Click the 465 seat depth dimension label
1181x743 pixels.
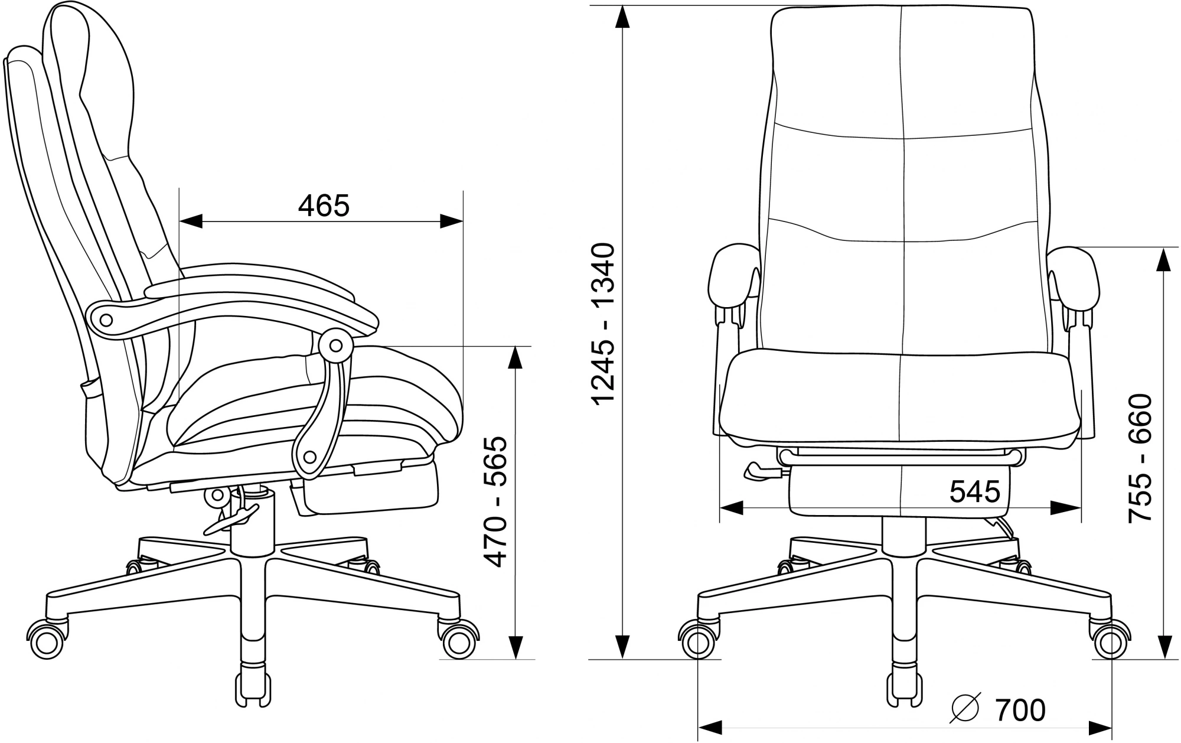(x=324, y=206)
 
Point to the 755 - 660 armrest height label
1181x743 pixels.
(x=1140, y=458)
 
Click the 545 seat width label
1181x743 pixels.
(x=975, y=491)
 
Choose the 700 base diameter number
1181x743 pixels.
(x=1020, y=710)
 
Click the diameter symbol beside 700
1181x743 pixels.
(x=966, y=710)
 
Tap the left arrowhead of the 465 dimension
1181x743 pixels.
(x=191, y=221)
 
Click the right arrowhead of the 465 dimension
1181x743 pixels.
(x=451, y=221)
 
